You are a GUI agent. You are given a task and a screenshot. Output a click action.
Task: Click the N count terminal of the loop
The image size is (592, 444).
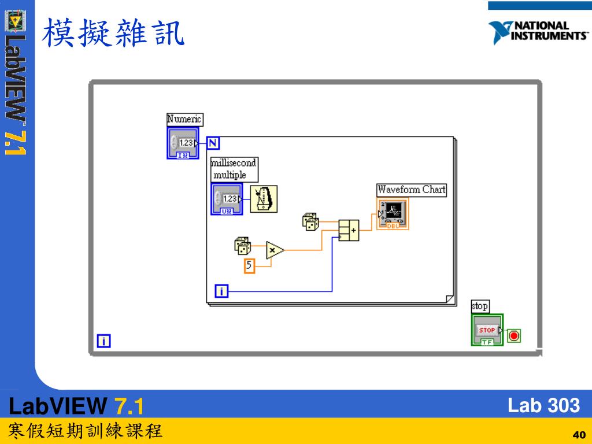[x=213, y=143]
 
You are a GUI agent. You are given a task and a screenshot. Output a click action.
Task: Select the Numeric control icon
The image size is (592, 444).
[x=183, y=143]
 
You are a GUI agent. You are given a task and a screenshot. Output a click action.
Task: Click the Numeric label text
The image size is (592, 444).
[x=184, y=119]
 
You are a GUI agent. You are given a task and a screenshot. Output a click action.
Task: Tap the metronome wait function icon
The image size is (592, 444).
[x=264, y=199]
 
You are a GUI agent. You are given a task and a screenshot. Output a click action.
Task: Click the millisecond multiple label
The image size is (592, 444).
[x=234, y=169]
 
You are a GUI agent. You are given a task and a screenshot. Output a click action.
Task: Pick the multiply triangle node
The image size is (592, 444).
[x=275, y=250]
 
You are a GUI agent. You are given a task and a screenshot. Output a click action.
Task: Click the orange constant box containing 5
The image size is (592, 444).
[x=249, y=266]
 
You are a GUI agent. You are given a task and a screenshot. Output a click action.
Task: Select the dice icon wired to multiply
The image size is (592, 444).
[x=242, y=246]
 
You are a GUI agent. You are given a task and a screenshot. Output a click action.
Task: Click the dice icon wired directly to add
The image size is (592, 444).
[x=310, y=221]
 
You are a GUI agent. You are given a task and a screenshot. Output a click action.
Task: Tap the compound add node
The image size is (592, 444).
[x=349, y=230]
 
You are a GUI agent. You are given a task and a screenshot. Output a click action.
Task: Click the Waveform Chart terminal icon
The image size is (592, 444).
[x=393, y=214]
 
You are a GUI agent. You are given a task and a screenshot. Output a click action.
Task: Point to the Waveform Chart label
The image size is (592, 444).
[x=412, y=190]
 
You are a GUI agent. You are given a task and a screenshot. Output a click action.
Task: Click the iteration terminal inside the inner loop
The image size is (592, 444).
[x=221, y=291]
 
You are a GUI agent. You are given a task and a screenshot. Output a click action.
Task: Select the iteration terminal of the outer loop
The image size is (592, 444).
[x=103, y=341]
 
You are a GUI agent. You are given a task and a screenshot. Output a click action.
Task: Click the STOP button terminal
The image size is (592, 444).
[x=487, y=330]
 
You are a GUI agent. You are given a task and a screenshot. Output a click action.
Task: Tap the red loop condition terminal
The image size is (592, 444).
[x=514, y=335]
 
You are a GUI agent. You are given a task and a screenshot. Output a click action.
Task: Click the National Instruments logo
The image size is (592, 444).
[x=538, y=32]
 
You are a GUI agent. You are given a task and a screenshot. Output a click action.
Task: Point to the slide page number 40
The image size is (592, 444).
[x=579, y=435]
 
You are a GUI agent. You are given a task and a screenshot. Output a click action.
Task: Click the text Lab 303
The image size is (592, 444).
[x=543, y=405]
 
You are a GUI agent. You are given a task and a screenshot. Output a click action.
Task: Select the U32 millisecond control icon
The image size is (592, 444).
[x=227, y=199]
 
